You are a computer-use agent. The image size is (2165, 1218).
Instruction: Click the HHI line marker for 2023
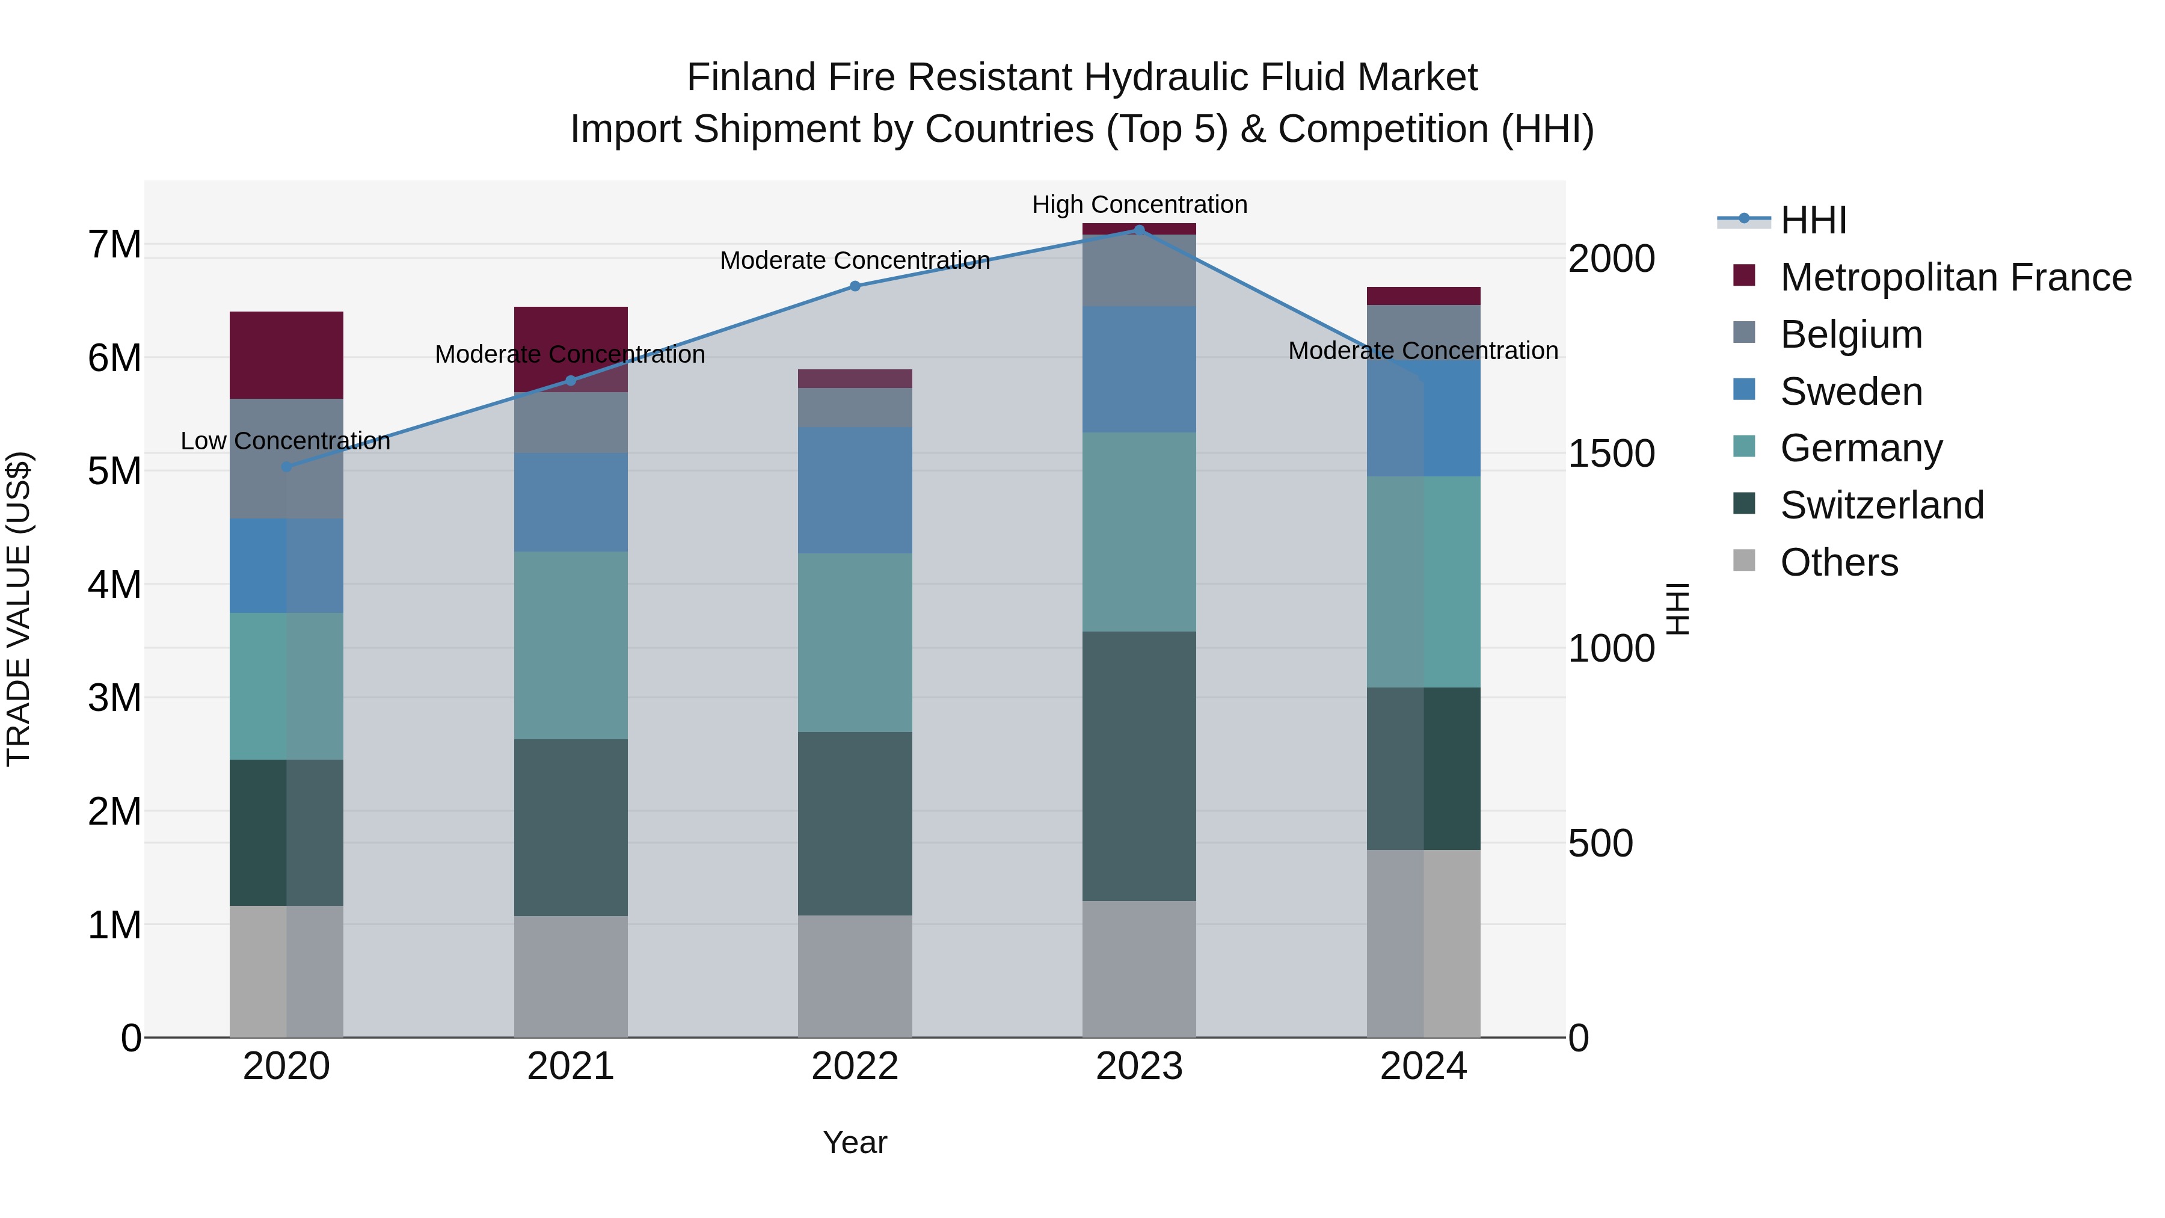point(1139,230)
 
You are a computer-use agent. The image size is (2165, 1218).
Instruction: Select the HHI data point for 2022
point(855,286)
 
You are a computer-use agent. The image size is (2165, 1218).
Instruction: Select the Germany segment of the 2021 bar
point(571,645)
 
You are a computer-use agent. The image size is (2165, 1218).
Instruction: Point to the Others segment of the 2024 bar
point(1423,943)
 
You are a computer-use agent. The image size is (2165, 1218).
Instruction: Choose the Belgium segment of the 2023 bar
point(1139,270)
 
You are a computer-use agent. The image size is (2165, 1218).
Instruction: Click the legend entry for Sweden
point(1850,392)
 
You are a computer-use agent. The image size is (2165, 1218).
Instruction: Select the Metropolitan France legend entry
point(1955,277)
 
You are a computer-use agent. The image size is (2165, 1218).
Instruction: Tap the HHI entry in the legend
point(1813,220)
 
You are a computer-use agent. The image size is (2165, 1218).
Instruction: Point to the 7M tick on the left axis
point(114,245)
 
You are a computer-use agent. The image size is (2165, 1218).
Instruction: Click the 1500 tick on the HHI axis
point(1611,454)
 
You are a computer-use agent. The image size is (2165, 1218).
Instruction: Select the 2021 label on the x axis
point(571,1066)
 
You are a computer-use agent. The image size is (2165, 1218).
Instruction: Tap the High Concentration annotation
point(1139,205)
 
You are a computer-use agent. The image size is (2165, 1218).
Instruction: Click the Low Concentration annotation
point(286,441)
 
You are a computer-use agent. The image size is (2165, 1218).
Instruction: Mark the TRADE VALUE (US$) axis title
point(19,609)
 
